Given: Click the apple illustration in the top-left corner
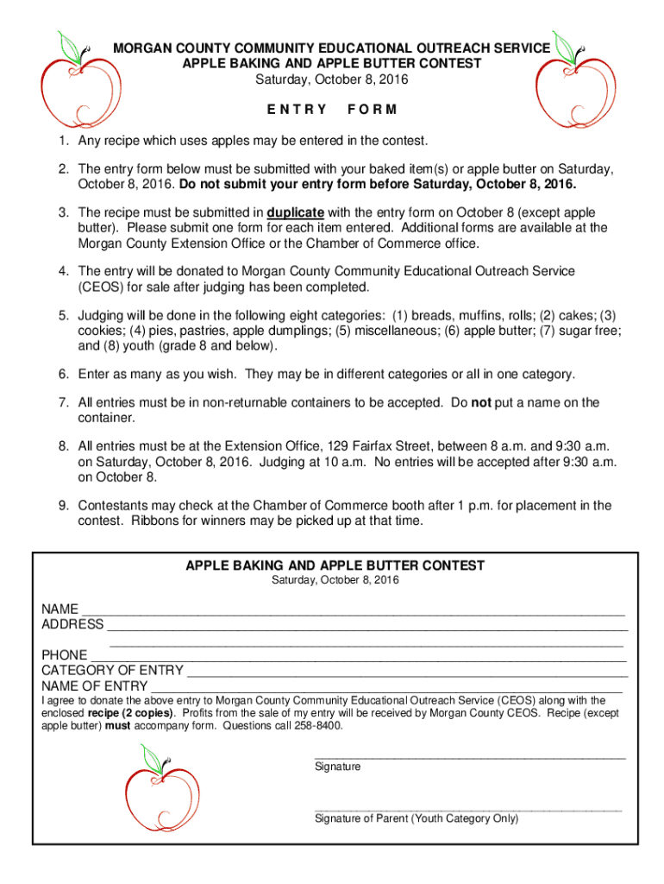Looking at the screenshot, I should [x=72, y=82].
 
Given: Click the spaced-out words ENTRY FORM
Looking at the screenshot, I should [x=332, y=110].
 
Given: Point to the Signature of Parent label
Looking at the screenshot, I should [x=417, y=818].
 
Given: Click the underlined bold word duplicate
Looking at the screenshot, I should [x=296, y=212].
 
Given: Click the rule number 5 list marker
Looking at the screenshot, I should [x=63, y=316].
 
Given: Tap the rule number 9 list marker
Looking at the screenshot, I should [x=63, y=506].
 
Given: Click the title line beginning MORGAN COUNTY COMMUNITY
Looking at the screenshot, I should [x=331, y=48].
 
